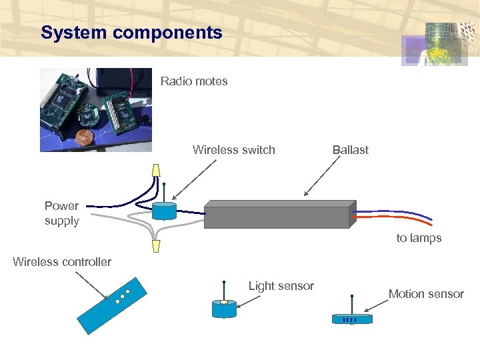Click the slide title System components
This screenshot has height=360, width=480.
[131, 33]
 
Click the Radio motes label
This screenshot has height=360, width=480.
[194, 81]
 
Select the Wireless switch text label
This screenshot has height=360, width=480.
[233, 150]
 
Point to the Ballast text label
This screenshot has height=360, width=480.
[350, 150]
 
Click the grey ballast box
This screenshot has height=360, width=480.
[279, 215]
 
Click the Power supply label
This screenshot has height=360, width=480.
[61, 213]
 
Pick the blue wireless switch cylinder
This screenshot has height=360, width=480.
[163, 211]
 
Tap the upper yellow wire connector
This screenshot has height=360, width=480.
[156, 171]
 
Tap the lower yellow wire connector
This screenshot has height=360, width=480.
[156, 246]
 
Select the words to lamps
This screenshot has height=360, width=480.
[419, 238]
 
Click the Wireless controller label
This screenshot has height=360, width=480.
[62, 262]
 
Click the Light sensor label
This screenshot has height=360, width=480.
[281, 286]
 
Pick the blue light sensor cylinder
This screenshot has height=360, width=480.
[224, 309]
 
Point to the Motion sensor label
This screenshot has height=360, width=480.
[426, 294]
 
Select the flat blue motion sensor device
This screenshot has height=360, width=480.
[352, 319]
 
